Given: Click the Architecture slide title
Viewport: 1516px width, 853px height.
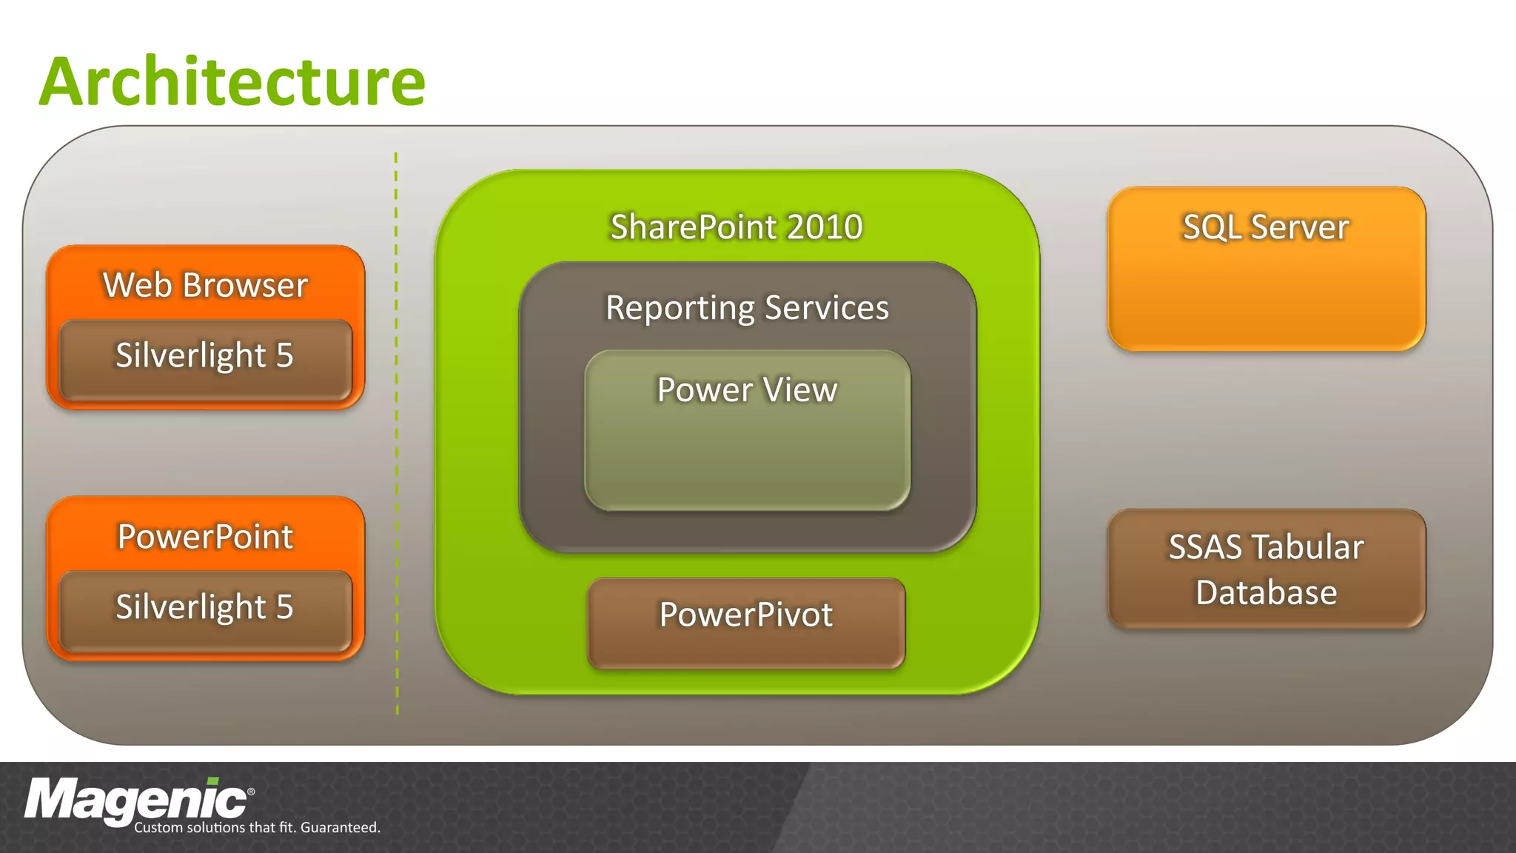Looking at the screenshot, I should tap(232, 81).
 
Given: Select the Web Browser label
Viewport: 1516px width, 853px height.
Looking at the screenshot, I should tap(205, 285).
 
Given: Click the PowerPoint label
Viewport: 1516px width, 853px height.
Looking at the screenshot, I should tap(205, 536).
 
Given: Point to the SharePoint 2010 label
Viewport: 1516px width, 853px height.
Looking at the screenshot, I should tap(736, 227).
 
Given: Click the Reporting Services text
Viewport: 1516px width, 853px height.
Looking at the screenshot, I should tap(747, 307).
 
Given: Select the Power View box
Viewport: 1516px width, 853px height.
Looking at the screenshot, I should tap(747, 429).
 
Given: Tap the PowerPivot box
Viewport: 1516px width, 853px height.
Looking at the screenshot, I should tap(746, 622).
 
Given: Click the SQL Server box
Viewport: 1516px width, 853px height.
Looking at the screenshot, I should tap(1266, 268).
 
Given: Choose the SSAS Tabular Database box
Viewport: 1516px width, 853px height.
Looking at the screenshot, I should tap(1266, 569).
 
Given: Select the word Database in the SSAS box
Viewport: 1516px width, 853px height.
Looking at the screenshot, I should tap(1266, 592).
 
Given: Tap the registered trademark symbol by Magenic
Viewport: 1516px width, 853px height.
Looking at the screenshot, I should tap(251, 792).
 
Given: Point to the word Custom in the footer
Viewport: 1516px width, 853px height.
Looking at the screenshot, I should tap(158, 828).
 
